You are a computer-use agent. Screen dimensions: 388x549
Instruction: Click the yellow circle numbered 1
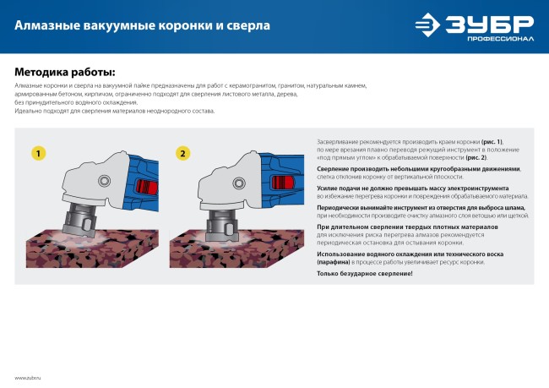[39, 153]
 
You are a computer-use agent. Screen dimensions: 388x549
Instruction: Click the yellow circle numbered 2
[182, 153]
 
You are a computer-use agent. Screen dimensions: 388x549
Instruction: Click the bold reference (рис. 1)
[492, 141]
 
